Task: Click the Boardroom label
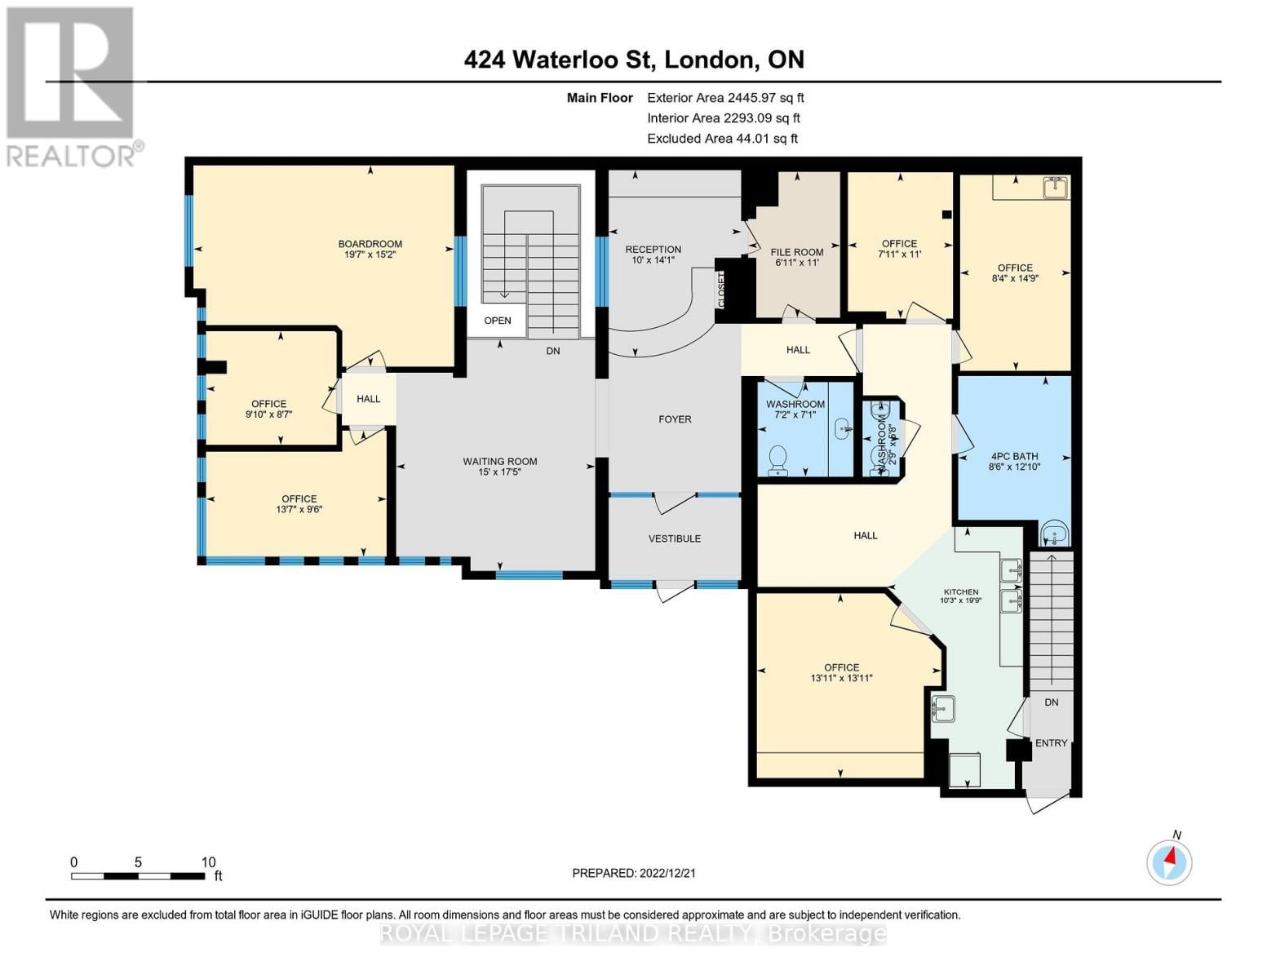tap(370, 244)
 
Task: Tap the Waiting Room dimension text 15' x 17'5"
tap(499, 472)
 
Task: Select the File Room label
tap(797, 252)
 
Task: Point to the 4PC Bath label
tap(1014, 457)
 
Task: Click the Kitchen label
tap(961, 592)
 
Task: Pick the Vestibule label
tap(675, 538)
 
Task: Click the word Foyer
tap(675, 419)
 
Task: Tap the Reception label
tap(653, 250)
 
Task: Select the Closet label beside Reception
tap(722, 290)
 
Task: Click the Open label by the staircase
tap(498, 321)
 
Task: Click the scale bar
tap(138, 876)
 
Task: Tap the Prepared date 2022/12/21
tap(634, 873)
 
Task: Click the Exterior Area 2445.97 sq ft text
tap(725, 98)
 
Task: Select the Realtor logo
tap(71, 86)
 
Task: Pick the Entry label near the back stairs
tap(1051, 743)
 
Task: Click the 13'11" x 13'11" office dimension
tap(841, 678)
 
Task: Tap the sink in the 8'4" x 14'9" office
tap(1055, 188)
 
